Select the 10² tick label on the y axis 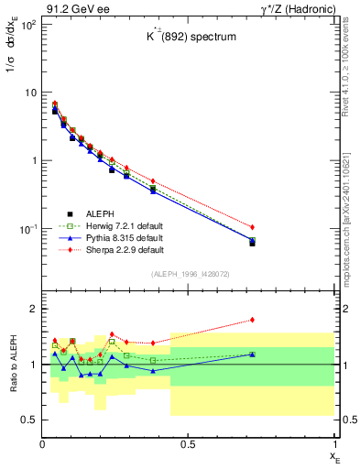point(27,24)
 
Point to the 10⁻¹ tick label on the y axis point(27,228)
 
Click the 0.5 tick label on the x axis point(188,444)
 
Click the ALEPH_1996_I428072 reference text point(189,274)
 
